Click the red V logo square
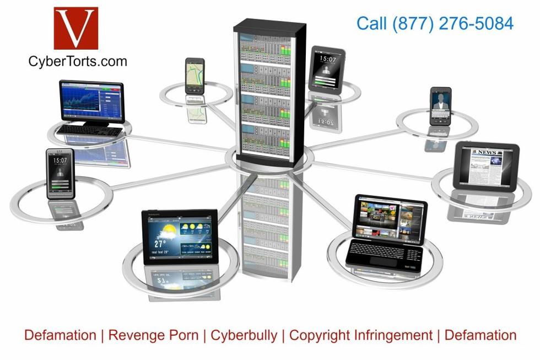(75, 28)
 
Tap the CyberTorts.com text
(77, 61)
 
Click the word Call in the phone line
(372, 23)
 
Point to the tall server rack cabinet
(269, 91)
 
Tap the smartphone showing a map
(195, 76)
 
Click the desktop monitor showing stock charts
(91, 101)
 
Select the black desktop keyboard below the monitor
(90, 131)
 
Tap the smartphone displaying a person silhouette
(441, 106)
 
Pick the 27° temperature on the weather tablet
(160, 243)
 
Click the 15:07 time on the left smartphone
(60, 160)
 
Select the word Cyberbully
(244, 335)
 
